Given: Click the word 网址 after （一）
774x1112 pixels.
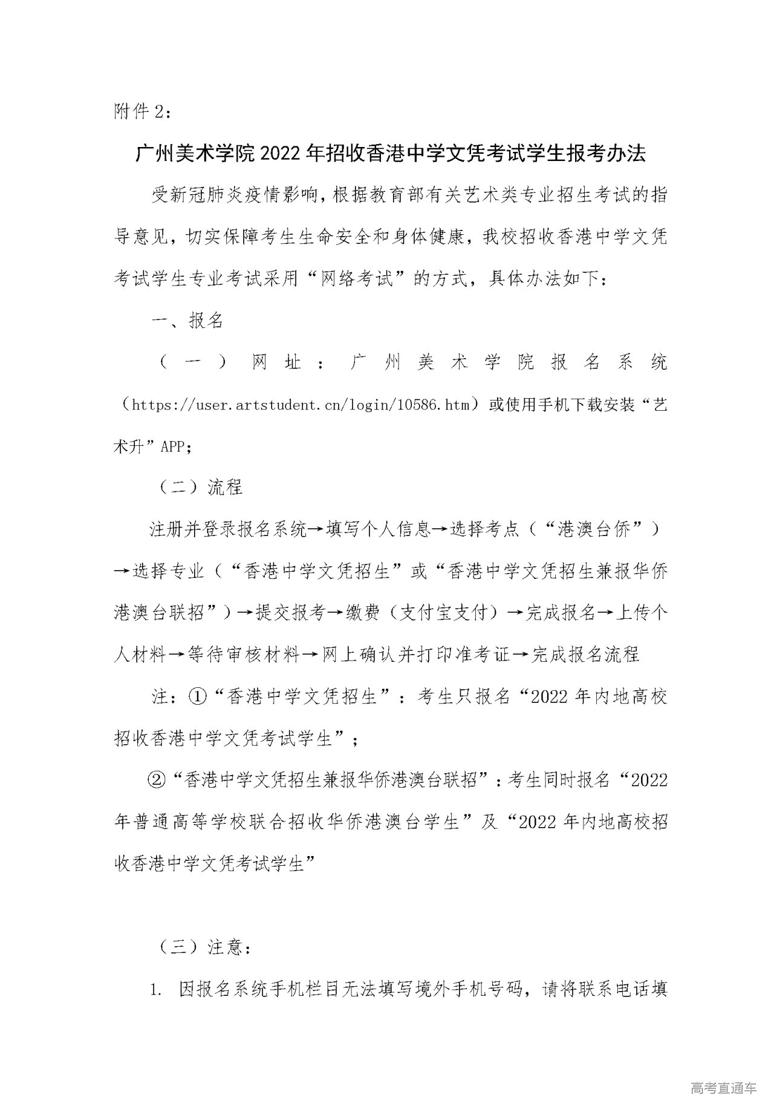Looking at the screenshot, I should (x=276, y=362).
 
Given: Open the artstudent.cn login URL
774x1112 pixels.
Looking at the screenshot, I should (x=301, y=404).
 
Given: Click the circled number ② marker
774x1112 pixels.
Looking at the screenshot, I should (x=157, y=780).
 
